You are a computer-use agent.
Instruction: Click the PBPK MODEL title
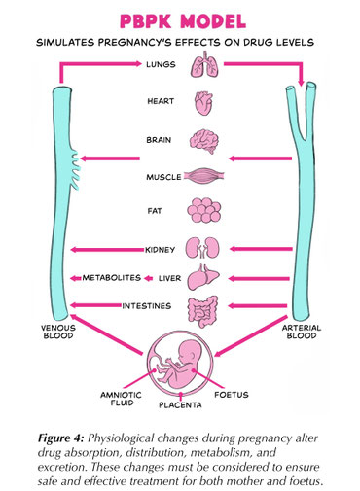click(179, 21)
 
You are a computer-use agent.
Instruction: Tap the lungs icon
click(207, 65)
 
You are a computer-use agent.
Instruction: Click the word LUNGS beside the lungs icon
click(160, 66)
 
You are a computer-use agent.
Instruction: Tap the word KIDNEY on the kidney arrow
click(159, 250)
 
